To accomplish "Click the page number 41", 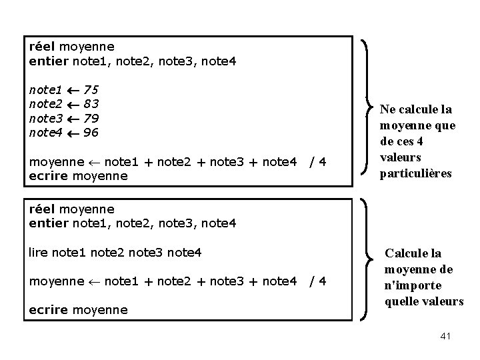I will pos(446,337).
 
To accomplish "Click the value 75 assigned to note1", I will pos(92,89).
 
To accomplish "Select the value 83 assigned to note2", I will pos(92,103).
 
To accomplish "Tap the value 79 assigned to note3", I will pos(92,118).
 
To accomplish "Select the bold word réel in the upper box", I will pos(43,47).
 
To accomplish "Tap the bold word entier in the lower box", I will pos(49,223).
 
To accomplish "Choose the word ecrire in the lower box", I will pos(49,309).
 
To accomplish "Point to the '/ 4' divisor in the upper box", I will pos(317,161).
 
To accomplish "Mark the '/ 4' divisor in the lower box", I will pos(317,281).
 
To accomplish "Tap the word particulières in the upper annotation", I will pos(416,173).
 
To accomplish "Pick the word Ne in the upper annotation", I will pos(387,109).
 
